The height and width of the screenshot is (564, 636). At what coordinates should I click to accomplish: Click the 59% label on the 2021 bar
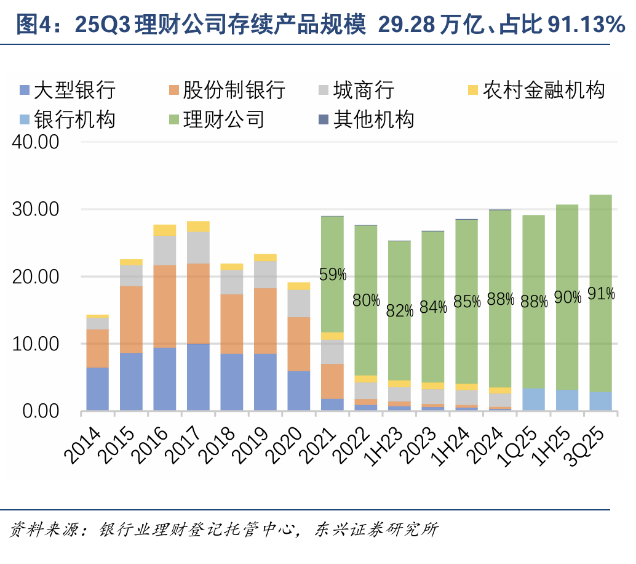[332, 275]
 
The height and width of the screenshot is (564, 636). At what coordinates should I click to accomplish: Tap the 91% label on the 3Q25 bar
[601, 293]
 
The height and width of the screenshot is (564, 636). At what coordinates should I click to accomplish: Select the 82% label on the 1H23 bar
[399, 311]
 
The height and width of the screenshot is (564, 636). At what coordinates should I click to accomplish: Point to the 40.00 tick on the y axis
[36, 142]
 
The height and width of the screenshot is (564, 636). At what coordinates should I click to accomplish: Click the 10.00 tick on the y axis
[36, 344]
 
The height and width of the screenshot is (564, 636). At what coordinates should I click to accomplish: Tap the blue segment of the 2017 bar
[198, 377]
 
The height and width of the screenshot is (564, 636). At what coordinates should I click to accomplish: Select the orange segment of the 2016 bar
[164, 306]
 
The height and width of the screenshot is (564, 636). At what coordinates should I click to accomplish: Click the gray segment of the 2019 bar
[265, 275]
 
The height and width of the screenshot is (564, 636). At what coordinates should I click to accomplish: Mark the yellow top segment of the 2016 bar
[164, 230]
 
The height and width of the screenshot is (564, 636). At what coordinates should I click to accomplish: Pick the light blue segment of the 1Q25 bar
[533, 399]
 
